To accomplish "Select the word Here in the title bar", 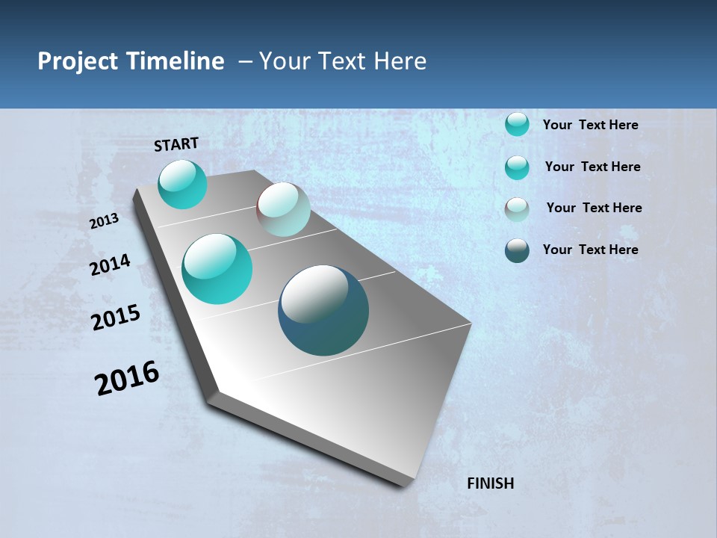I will (400, 61).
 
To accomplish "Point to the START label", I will (176, 144).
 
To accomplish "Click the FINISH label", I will (490, 483).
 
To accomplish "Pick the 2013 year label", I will (105, 220).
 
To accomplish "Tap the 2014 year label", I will (110, 265).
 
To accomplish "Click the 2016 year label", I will (127, 378).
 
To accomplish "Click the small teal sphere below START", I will (182, 184).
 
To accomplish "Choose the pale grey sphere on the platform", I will (283, 209).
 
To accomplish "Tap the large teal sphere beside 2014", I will (217, 269).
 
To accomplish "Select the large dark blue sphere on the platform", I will (323, 310).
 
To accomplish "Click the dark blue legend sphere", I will (517, 250).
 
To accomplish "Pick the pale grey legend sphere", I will (517, 208).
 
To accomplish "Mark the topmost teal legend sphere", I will (517, 124).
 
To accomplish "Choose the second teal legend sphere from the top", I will (517, 167).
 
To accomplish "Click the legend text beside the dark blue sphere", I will (590, 250).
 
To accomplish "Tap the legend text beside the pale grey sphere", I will (594, 208).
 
